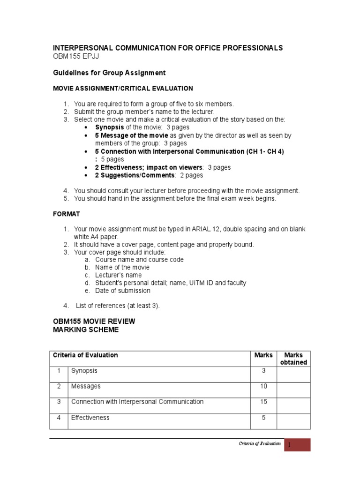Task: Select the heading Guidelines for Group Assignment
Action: click(109, 73)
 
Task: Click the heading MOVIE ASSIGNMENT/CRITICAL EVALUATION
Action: click(122, 88)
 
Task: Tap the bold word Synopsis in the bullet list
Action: click(110, 127)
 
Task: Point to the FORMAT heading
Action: click(66, 214)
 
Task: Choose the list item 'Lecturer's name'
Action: click(118, 275)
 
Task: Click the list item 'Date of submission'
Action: click(122, 291)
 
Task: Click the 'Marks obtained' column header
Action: click(293, 359)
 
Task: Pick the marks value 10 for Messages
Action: click(263, 386)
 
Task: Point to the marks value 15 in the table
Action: click(263, 402)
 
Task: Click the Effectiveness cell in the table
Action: click(90, 418)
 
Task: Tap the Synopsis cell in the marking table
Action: click(84, 371)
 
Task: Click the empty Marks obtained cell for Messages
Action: click(293, 390)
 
